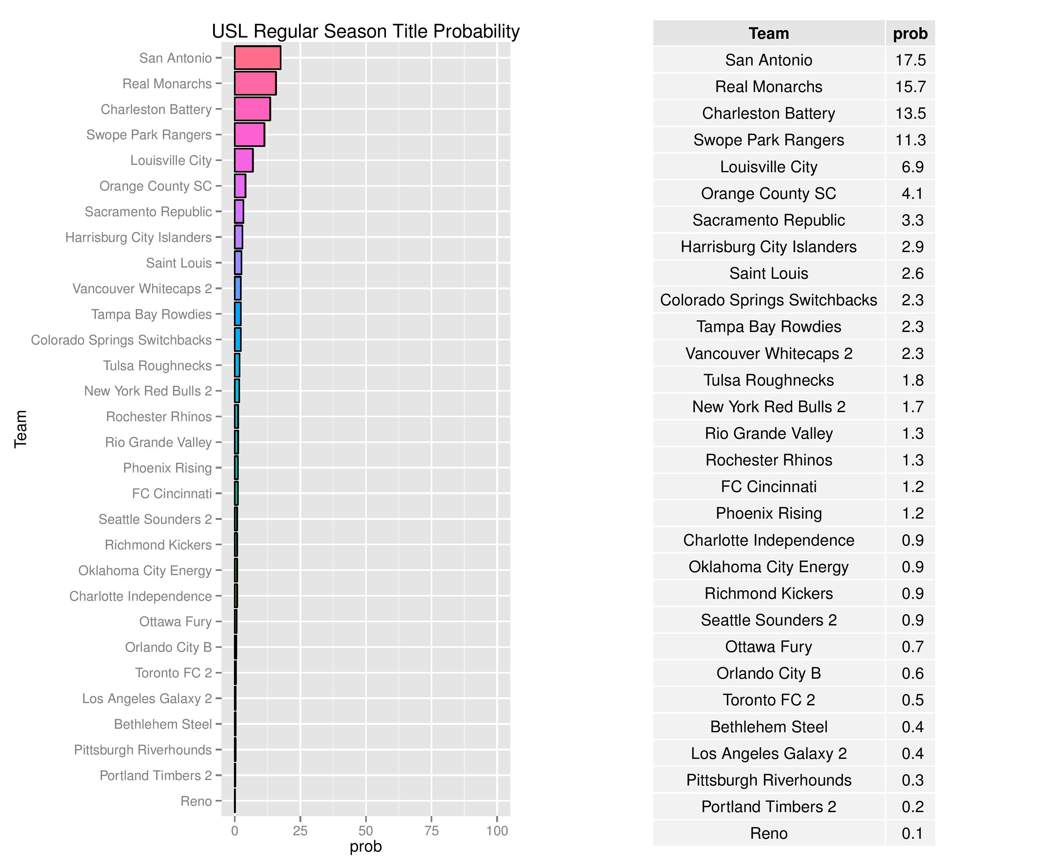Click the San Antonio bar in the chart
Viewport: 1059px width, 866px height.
[x=257, y=58]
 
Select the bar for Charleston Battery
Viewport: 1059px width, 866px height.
[x=253, y=109]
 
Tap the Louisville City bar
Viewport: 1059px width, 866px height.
[x=244, y=160]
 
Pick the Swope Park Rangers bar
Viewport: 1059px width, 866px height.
[x=250, y=135]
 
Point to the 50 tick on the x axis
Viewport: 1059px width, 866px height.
[x=366, y=831]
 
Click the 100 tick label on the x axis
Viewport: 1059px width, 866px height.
[x=497, y=831]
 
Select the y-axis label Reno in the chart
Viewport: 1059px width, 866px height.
[x=196, y=801]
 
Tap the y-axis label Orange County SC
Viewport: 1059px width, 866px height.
[x=155, y=186]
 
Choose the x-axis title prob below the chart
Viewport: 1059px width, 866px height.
[x=366, y=846]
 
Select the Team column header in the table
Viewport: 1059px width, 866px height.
[x=769, y=33]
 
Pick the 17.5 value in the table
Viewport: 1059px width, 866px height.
[x=910, y=60]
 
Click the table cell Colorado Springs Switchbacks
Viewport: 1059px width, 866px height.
[x=769, y=300]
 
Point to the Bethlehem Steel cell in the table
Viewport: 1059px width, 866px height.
[x=769, y=727]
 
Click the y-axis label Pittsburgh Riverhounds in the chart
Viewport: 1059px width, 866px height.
[x=143, y=750]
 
